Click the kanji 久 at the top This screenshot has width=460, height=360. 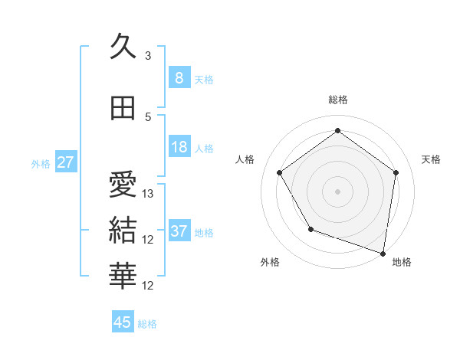point(123,47)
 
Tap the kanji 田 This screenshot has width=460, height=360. point(123,109)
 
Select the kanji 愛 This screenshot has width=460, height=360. point(123,185)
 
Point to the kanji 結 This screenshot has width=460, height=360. point(123,231)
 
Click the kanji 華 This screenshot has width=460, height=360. point(123,277)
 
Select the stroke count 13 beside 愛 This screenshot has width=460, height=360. point(148,194)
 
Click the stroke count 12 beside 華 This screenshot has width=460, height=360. point(148,286)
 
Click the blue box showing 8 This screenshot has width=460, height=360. point(179,78)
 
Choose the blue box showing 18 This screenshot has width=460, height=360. point(179,147)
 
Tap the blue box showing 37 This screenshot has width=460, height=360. point(179,231)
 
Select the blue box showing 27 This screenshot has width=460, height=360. point(65,162)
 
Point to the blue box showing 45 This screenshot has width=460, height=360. point(123,322)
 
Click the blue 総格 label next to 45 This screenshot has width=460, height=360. point(147,324)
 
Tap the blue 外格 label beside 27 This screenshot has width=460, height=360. point(41,163)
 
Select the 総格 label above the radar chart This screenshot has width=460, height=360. point(337,100)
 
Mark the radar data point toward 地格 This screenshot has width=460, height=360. point(383,252)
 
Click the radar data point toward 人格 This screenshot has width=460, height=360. point(279,172)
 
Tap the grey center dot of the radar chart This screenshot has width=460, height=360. point(337,191)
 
